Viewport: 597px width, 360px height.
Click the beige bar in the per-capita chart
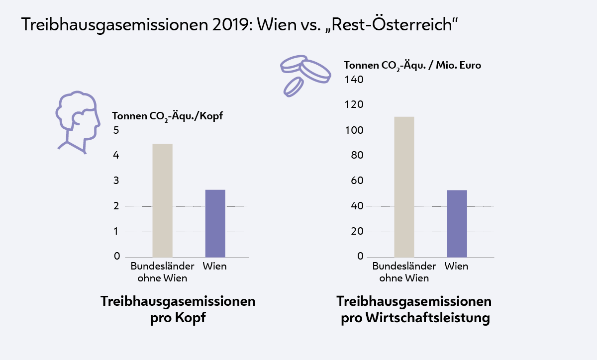click(x=162, y=200)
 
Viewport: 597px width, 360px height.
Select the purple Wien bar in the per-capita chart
click(x=215, y=223)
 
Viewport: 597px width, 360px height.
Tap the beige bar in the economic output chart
click(x=404, y=186)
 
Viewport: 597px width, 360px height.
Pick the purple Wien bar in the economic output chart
click(x=457, y=223)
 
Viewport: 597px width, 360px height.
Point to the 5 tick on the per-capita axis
click(x=116, y=130)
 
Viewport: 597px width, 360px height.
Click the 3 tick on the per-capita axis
click(x=116, y=180)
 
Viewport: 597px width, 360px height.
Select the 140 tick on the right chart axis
click(x=354, y=80)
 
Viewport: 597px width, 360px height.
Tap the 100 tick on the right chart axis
click(x=354, y=130)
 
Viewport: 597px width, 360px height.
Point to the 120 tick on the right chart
click(x=354, y=105)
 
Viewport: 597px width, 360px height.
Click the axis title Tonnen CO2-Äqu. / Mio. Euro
click(x=412, y=65)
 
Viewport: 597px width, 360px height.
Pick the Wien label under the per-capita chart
click(x=215, y=266)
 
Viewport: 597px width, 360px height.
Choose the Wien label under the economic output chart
click(x=456, y=266)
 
